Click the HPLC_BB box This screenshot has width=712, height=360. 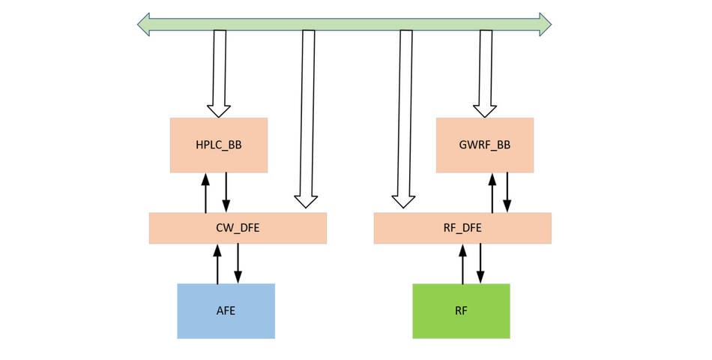click(219, 145)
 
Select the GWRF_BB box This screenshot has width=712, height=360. click(485, 145)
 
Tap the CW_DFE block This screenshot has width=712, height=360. click(238, 228)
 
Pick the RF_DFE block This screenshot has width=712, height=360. click(462, 228)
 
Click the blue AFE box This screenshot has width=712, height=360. click(226, 310)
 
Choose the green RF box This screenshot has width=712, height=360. click(461, 310)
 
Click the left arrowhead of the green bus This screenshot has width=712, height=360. click(144, 24)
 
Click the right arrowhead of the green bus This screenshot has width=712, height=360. click(545, 24)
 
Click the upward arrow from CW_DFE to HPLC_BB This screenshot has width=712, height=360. click(205, 193)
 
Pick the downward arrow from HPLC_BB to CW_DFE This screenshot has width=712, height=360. click(226, 193)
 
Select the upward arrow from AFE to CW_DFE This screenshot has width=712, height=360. click(217, 264)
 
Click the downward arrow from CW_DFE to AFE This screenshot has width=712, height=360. click(238, 264)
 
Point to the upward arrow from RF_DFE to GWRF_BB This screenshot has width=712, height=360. click(492, 193)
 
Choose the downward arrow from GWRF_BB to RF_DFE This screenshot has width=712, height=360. click(507, 193)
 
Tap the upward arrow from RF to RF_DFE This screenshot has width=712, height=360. click(462, 264)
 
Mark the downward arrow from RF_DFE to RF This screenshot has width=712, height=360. click(480, 264)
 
